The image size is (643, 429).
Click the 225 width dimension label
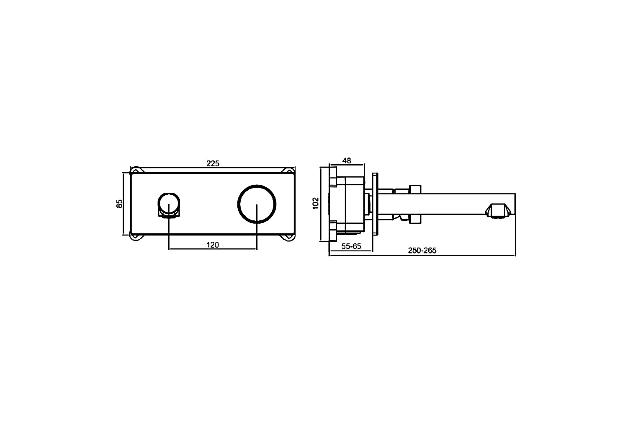213,163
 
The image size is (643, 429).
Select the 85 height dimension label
119,204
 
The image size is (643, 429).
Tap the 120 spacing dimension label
212,245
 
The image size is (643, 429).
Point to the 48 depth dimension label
347,160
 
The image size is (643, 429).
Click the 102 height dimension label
316,203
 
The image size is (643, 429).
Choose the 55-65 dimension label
351,246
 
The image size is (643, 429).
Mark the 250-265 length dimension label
422,251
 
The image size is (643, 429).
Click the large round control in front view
257,185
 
